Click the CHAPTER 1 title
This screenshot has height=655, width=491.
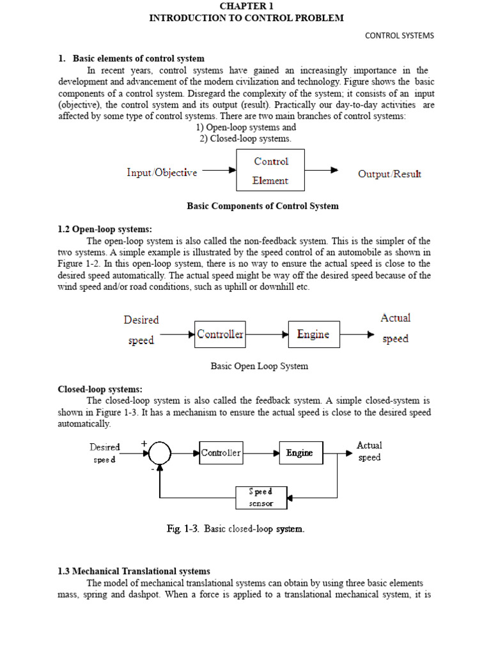pos(246,6)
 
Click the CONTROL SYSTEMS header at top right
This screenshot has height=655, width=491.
pos(399,36)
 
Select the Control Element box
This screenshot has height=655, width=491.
pos(270,170)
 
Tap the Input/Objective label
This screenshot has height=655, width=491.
pos(162,173)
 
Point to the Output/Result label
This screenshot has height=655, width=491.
pos(389,174)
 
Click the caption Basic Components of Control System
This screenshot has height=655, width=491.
pos(262,206)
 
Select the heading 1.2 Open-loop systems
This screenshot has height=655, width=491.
pos(105,229)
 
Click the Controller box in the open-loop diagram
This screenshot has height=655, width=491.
pos(220,334)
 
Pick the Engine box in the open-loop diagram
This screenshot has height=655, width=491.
pos(313,334)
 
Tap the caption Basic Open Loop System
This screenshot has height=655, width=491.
pos(260,367)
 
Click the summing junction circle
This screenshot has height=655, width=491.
pos(159,454)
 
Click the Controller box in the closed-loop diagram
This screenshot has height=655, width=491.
pos(221,453)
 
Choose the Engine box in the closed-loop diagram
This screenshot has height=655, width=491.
pos(299,453)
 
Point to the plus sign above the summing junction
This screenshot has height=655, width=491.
pos(144,443)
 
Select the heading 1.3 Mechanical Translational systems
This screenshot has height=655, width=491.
pos(134,571)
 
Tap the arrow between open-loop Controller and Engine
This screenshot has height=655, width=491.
pos(267,334)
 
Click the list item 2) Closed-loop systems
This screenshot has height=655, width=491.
pos(245,138)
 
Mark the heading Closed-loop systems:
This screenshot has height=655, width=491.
pos(100,389)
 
